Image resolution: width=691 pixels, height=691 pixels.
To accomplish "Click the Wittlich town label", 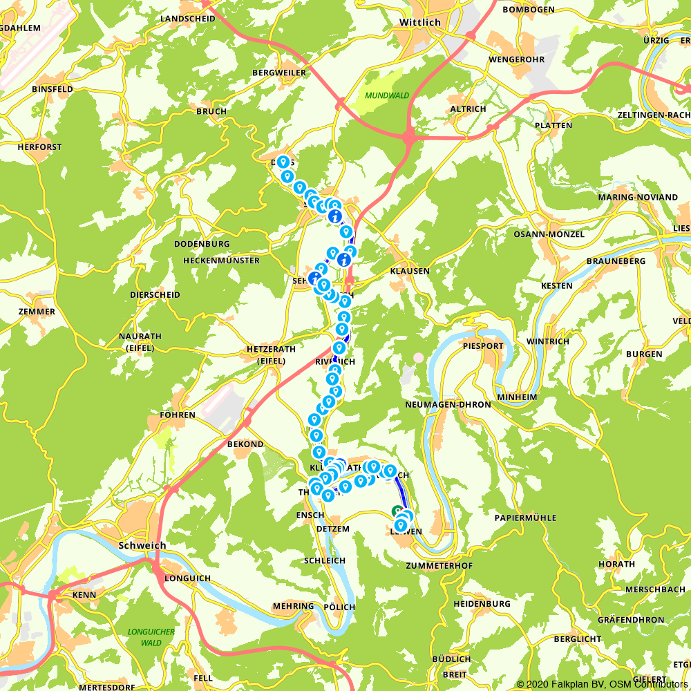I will [419, 22].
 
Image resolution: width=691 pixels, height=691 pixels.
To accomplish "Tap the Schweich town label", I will [142, 545].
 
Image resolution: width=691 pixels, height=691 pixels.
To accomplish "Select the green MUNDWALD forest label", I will [387, 96].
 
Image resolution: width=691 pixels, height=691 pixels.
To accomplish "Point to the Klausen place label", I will [410, 271].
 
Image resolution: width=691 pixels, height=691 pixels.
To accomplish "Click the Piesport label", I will [483, 345].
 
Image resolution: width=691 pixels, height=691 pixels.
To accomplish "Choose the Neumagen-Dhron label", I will [448, 404].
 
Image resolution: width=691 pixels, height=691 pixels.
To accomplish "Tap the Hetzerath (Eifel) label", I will [266, 354].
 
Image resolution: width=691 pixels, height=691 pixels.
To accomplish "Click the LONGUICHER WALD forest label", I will [151, 636].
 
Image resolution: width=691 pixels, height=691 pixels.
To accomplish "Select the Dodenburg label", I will [202, 244].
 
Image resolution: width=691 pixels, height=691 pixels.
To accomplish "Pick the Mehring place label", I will [293, 606].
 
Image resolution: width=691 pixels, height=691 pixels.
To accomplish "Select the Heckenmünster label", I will [221, 261].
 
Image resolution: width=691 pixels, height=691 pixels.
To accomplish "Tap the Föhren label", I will [178, 415].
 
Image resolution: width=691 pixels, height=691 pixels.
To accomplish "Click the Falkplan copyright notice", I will [602, 684].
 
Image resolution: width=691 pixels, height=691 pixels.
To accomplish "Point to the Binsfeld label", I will [53, 89].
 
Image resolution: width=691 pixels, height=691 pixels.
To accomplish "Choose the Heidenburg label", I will [482, 603].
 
